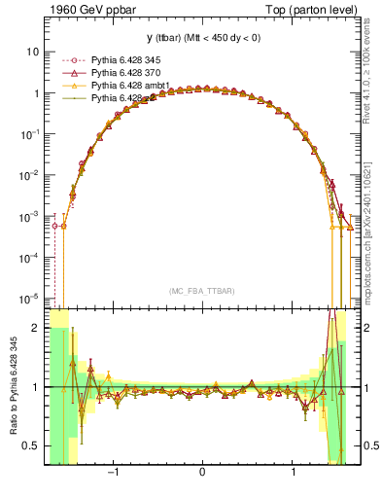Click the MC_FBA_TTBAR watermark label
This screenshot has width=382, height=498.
point(201,290)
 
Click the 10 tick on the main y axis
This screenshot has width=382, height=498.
point(33,52)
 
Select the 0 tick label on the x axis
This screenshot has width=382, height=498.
point(201,474)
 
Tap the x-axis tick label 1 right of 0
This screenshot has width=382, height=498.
point(293,474)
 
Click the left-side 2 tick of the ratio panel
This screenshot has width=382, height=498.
point(37,328)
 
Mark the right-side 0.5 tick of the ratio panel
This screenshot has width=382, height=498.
point(370,445)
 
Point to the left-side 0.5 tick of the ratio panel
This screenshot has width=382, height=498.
point(32,445)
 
